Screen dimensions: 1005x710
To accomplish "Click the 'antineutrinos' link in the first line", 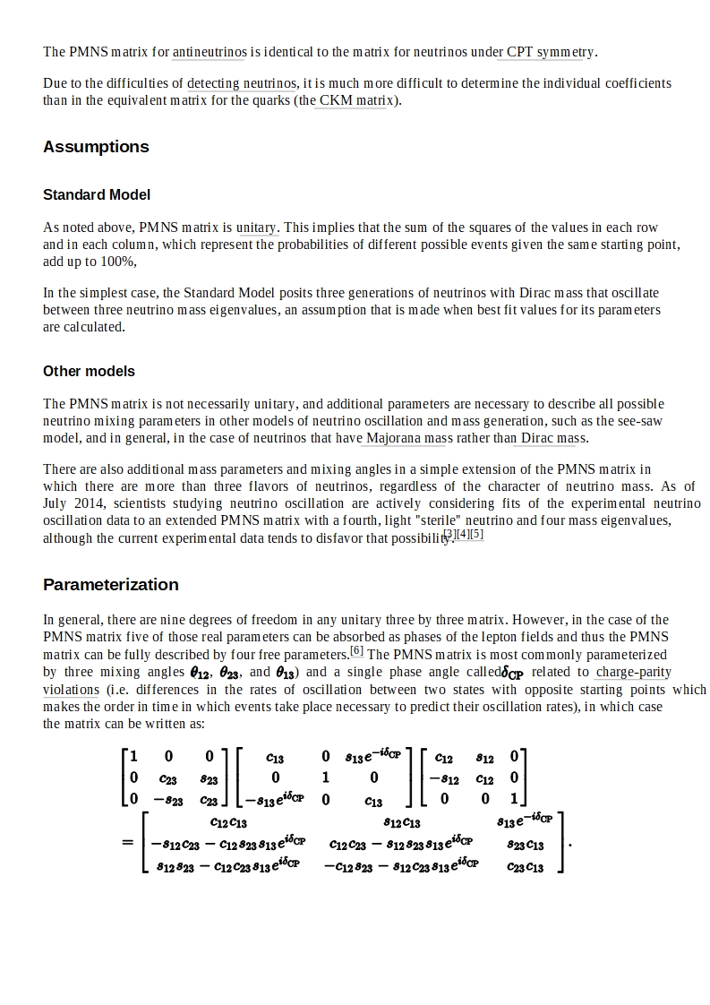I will [210, 52].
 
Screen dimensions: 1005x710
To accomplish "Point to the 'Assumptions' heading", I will [96, 147].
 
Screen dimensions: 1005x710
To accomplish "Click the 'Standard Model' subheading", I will [97, 194].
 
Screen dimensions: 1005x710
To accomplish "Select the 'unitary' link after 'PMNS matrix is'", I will [257, 228].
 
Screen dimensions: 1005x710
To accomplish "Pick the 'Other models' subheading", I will [89, 371].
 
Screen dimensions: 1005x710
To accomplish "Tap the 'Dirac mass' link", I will [548, 438].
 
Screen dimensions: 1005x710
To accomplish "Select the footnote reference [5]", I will [477, 535].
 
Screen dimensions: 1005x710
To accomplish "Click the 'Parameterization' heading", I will [111, 585].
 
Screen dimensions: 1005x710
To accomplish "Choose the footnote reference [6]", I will [356, 651].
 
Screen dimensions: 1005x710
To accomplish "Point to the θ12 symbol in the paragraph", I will [200, 673].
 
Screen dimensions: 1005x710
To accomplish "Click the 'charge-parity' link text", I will [633, 672].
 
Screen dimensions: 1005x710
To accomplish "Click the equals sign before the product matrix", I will [127, 843].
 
